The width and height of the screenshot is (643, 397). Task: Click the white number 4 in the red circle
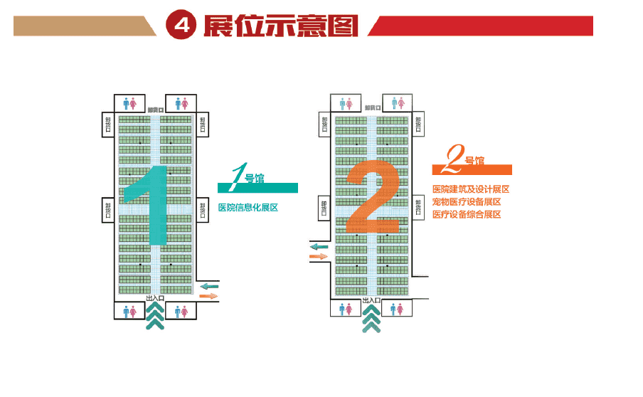[x=181, y=26]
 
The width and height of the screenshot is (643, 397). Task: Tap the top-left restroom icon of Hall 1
[x=129, y=103]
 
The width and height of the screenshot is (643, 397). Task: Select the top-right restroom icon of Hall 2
[x=398, y=102]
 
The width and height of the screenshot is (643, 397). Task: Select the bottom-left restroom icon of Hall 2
[x=346, y=308]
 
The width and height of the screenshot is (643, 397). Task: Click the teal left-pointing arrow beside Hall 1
[x=210, y=286]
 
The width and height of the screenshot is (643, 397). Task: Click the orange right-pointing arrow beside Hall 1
[x=210, y=296]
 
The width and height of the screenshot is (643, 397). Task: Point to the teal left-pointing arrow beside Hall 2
[x=319, y=246]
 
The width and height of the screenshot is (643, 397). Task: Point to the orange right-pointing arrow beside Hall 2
[x=318, y=255]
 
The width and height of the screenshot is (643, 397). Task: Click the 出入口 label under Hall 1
[x=154, y=298]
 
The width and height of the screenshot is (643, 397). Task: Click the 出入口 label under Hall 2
[x=371, y=300]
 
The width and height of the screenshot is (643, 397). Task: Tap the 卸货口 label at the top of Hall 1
[x=155, y=110]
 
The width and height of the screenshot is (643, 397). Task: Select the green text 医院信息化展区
[x=248, y=208]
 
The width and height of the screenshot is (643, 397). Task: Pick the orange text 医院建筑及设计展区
[x=470, y=190]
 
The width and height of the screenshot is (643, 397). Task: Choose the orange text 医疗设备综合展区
[x=467, y=214]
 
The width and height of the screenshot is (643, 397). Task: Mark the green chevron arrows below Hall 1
[x=155, y=316]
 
